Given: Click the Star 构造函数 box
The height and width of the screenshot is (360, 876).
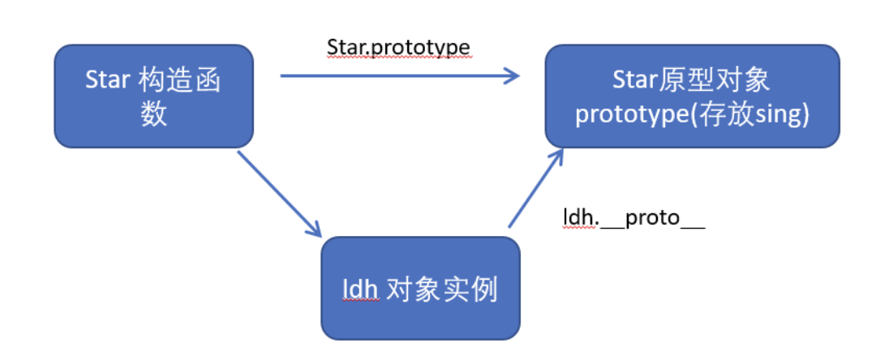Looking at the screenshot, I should [153, 96].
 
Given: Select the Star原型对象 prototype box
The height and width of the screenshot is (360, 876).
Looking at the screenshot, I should [692, 96].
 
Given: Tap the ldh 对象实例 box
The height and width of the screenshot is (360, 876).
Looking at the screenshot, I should [420, 288].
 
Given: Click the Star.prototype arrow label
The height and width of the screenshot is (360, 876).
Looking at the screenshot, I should [398, 48].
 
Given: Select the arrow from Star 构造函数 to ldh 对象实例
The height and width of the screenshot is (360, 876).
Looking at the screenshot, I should [279, 194].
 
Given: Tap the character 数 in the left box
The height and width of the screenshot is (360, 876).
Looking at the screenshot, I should [154, 114].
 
